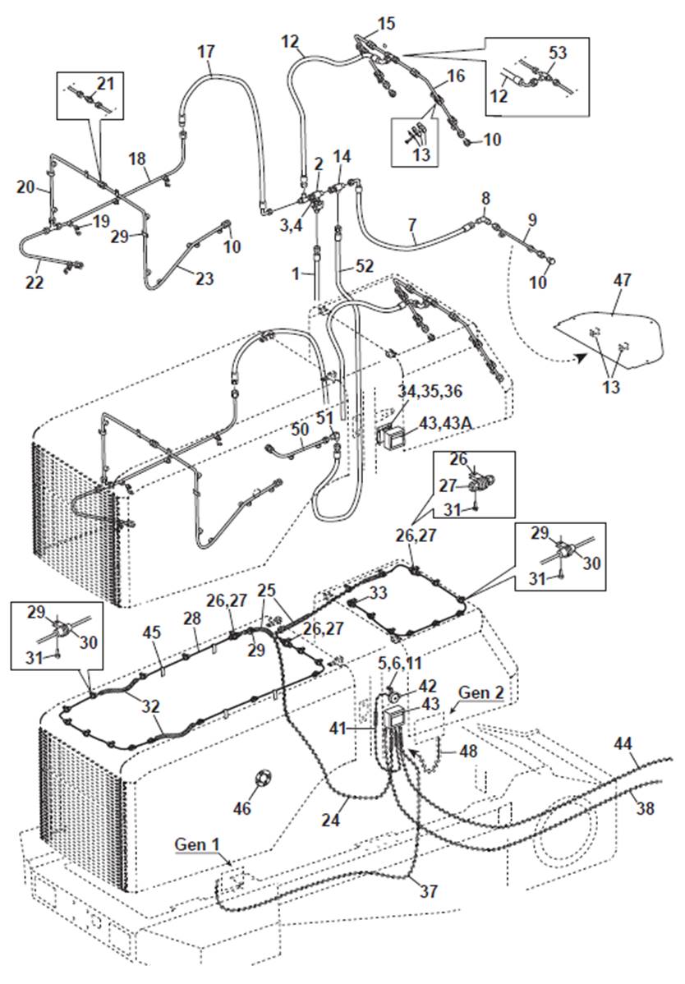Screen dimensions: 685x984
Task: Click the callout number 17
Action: pyautogui.click(x=206, y=51)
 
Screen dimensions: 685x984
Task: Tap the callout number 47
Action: pyautogui.click(x=622, y=279)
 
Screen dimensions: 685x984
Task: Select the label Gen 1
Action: pyautogui.click(x=196, y=844)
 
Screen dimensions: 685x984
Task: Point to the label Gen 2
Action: pyautogui.click(x=481, y=692)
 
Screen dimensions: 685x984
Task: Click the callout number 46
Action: pyautogui.click(x=242, y=807)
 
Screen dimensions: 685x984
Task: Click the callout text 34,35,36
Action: pyautogui.click(x=430, y=391)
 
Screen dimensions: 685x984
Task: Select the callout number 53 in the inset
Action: pyautogui.click(x=558, y=53)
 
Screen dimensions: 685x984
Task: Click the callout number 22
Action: pyautogui.click(x=35, y=283)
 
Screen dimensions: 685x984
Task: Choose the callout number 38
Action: pyautogui.click(x=646, y=807)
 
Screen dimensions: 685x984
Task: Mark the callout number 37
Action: pyautogui.click(x=429, y=890)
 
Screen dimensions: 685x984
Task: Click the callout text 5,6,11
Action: pyautogui.click(x=400, y=664)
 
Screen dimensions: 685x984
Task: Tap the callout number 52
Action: pyautogui.click(x=365, y=266)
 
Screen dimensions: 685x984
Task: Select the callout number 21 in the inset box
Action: pyautogui.click(x=106, y=83)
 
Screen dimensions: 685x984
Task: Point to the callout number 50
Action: pyautogui.click(x=301, y=430)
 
